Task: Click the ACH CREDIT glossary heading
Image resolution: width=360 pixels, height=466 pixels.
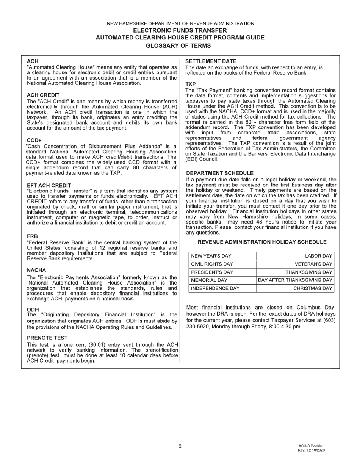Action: pyautogui.click(x=43, y=95)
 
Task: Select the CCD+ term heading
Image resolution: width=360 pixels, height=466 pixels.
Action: pyautogui.click(x=34, y=141)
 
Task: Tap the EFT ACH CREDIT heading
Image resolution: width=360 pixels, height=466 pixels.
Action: pyautogui.click(x=49, y=185)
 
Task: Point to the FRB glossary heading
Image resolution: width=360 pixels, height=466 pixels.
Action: pyautogui.click(x=32, y=236)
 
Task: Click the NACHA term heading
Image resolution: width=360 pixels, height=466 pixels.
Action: pyautogui.click(x=36, y=270)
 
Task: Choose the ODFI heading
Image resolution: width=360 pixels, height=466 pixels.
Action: pyautogui.click(x=33, y=310)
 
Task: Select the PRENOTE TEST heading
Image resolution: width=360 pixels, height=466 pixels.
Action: pyautogui.click(x=47, y=338)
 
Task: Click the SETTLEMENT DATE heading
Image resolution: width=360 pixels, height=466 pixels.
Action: pyautogui.click(x=211, y=61)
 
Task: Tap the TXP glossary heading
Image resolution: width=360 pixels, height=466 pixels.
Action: pyautogui.click(x=190, y=84)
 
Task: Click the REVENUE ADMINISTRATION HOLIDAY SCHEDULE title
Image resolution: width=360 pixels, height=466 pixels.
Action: pyautogui.click(x=262, y=242)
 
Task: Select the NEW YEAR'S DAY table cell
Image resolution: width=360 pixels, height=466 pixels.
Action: pyautogui.click(x=211, y=256)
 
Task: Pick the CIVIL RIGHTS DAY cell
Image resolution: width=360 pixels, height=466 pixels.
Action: pyautogui.click(x=212, y=264)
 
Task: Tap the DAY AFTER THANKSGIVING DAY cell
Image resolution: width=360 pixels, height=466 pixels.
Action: pyautogui.click(x=295, y=280)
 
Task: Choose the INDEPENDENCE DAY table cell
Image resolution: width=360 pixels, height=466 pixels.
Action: pyautogui.click(x=215, y=288)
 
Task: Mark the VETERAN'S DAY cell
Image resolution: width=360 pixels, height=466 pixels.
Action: pyautogui.click(x=313, y=264)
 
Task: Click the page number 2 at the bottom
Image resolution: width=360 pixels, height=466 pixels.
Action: pyautogui.click(x=180, y=446)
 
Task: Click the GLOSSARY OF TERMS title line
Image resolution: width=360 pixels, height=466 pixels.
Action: pyautogui.click(x=178, y=46)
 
